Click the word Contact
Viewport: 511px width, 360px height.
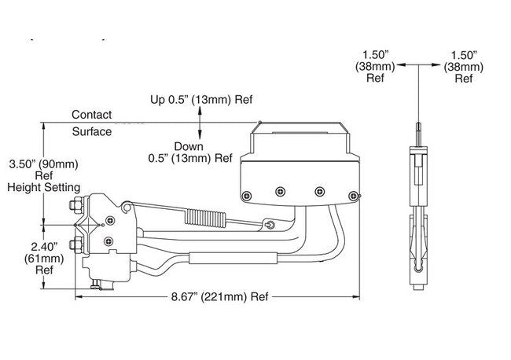(x=91, y=115)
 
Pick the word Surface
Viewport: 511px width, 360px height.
(x=91, y=131)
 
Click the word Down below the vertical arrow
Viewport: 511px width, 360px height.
(x=189, y=146)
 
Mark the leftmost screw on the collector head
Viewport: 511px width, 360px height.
(x=246, y=194)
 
